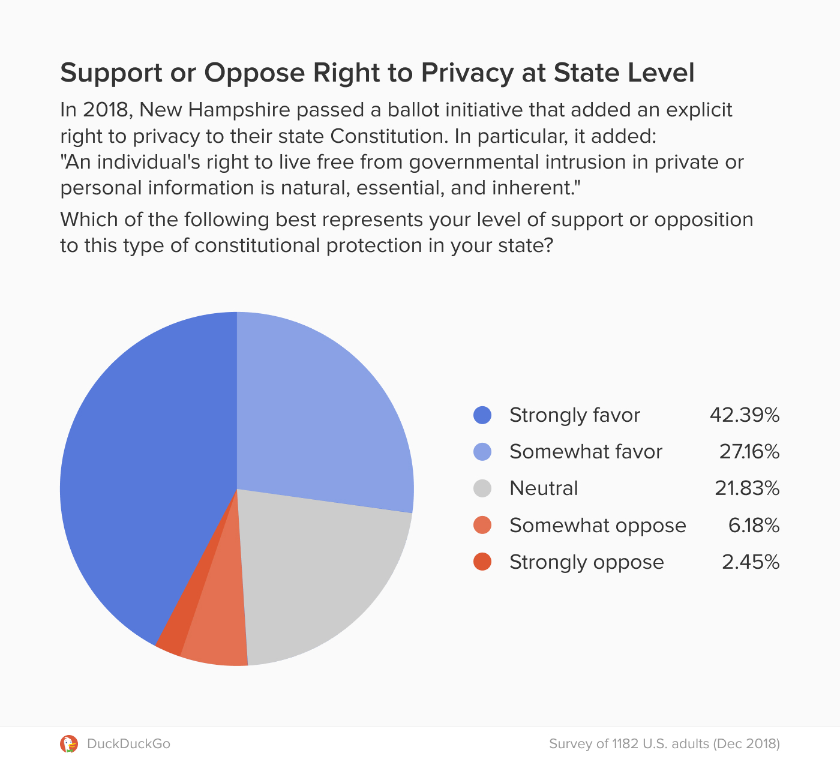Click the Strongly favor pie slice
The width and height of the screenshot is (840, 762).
click(150, 480)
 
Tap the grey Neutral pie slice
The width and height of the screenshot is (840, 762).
click(318, 576)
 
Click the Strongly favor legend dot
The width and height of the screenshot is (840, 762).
click(482, 415)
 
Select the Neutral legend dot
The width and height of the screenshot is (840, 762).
click(482, 488)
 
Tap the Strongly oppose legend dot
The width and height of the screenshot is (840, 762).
click(482, 562)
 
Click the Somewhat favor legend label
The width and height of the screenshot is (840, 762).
click(586, 452)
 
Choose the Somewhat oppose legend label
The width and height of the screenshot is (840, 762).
click(598, 526)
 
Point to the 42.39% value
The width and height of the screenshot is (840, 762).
click(744, 415)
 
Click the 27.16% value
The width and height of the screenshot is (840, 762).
click(749, 452)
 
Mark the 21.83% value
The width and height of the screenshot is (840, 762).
click(746, 488)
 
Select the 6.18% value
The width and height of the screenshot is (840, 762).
click(754, 526)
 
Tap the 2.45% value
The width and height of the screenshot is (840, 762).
click(751, 562)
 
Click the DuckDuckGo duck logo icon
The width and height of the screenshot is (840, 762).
click(69, 744)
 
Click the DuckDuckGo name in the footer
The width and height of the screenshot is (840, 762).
click(128, 744)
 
